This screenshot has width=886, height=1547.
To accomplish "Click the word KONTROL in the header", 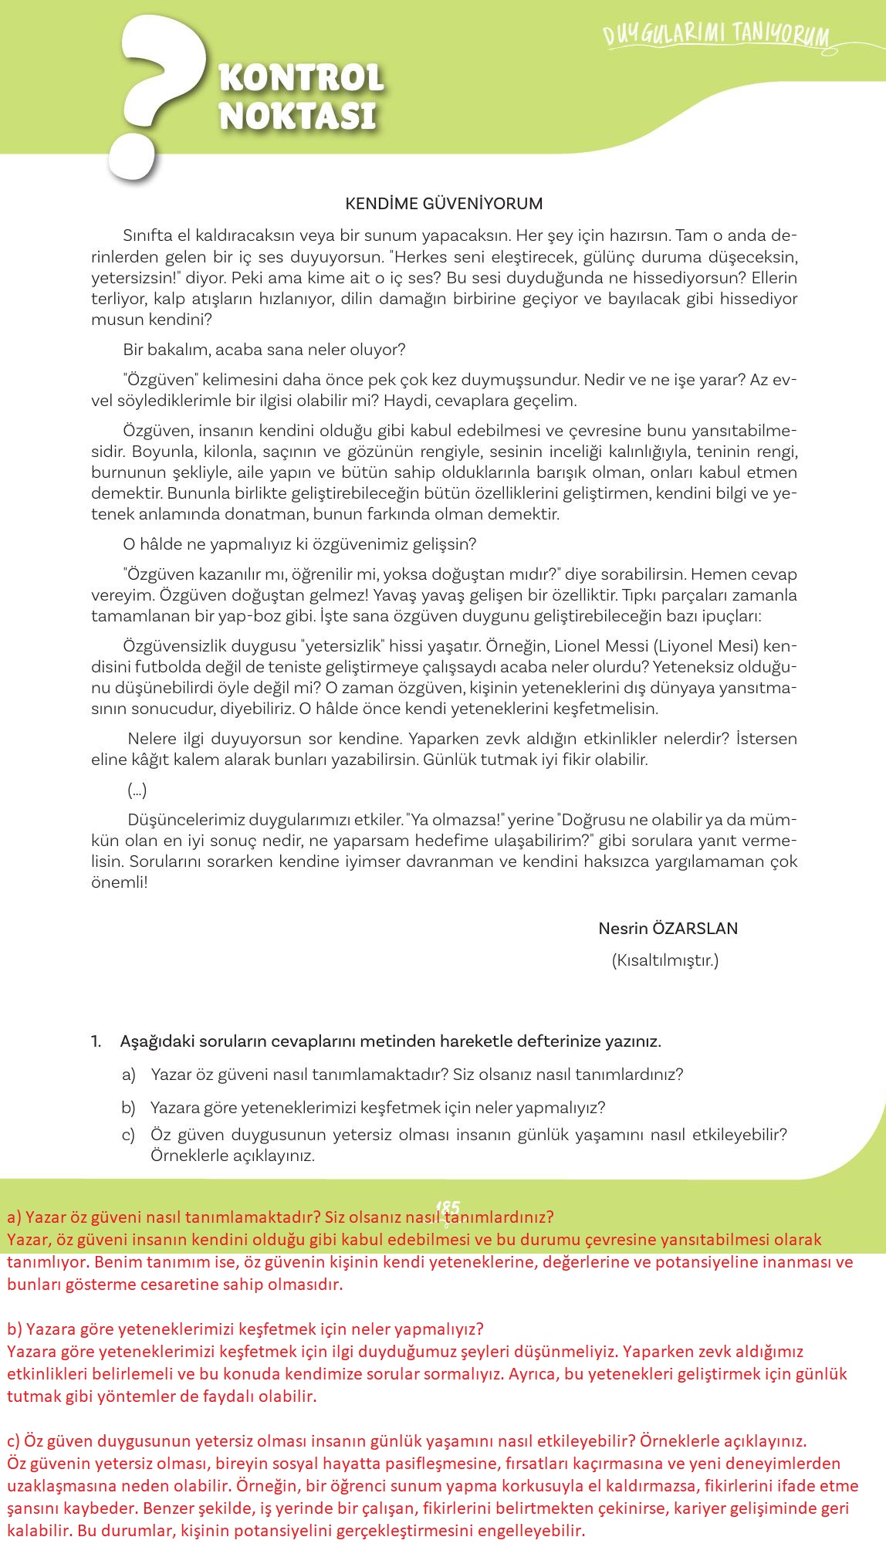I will click(x=302, y=78).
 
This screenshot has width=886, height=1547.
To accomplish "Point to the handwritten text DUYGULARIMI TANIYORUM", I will click(x=716, y=36).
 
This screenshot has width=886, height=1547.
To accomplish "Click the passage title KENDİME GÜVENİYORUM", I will click(x=444, y=204).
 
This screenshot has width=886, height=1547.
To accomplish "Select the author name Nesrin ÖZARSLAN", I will click(x=668, y=929).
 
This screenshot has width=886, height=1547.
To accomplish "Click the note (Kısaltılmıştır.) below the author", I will click(x=664, y=961).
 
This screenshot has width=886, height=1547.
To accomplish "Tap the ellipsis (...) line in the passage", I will click(x=137, y=790).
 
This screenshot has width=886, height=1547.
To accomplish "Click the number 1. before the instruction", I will click(x=96, y=1041).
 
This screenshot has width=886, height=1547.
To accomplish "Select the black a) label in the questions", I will click(x=128, y=1075).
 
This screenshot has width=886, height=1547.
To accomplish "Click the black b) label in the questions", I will click(x=128, y=1108).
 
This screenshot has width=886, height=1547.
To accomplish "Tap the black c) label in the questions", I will click(x=128, y=1135).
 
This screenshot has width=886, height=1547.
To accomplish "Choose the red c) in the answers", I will click(x=13, y=1441).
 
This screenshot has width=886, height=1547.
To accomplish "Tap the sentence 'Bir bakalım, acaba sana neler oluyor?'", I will click(x=264, y=350).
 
